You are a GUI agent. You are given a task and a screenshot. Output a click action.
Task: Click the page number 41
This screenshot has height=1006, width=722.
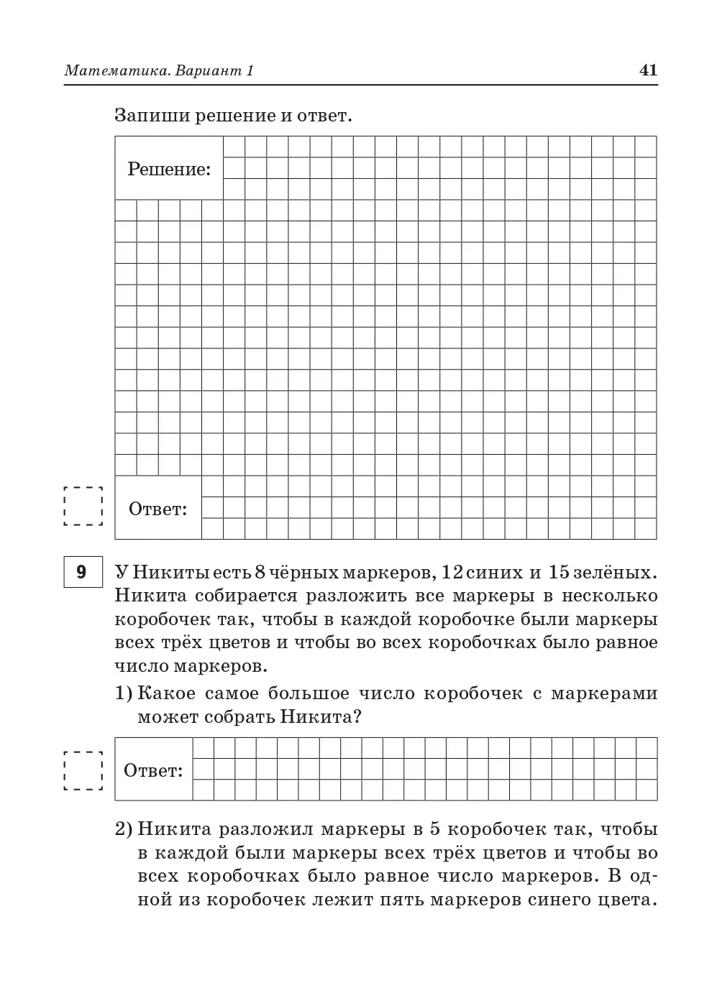point(647,70)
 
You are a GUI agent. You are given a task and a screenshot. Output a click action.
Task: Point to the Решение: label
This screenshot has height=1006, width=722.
point(169,170)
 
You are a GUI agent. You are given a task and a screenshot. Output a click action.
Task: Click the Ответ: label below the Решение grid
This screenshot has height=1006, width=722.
point(157,509)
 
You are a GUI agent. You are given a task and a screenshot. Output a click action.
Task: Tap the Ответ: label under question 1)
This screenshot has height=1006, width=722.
point(153,771)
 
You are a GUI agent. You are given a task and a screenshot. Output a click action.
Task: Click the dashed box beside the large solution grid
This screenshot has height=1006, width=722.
point(83,507)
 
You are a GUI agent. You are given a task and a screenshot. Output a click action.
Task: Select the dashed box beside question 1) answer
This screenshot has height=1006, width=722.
point(83,771)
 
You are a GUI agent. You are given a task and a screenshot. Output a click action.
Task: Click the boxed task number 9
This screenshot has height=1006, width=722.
point(81,572)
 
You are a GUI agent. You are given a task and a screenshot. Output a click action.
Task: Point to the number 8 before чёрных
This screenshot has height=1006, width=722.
point(260,573)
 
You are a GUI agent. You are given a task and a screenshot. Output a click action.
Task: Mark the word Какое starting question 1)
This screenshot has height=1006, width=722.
point(165,694)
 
